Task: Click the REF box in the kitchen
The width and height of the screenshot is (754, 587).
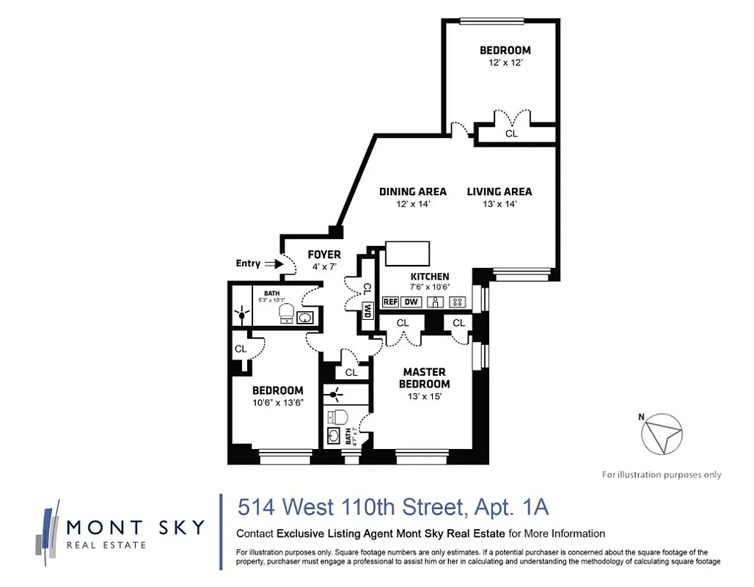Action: click(x=390, y=302)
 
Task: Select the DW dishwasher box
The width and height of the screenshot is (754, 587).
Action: click(x=411, y=302)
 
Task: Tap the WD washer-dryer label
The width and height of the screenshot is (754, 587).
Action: click(x=367, y=311)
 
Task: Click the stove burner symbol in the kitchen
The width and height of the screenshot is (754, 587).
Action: click(x=458, y=302)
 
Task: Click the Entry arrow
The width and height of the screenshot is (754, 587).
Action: click(x=274, y=263)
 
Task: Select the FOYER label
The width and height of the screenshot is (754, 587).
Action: click(x=323, y=255)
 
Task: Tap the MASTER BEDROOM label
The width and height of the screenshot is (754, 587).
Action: click(x=424, y=378)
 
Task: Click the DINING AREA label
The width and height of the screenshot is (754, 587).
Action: click(x=412, y=192)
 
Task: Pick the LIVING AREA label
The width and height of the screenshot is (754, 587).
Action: click(x=499, y=192)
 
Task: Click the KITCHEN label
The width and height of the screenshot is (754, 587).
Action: click(x=430, y=277)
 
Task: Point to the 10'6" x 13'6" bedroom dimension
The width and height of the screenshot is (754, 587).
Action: click(x=278, y=403)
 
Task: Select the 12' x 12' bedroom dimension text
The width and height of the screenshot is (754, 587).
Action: click(x=505, y=63)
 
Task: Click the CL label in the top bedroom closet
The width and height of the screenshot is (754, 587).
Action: click(x=511, y=134)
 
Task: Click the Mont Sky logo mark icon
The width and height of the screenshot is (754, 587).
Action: click(x=48, y=528)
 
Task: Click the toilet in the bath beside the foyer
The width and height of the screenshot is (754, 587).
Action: click(x=288, y=314)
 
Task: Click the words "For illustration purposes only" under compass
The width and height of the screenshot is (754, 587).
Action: click(x=662, y=475)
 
